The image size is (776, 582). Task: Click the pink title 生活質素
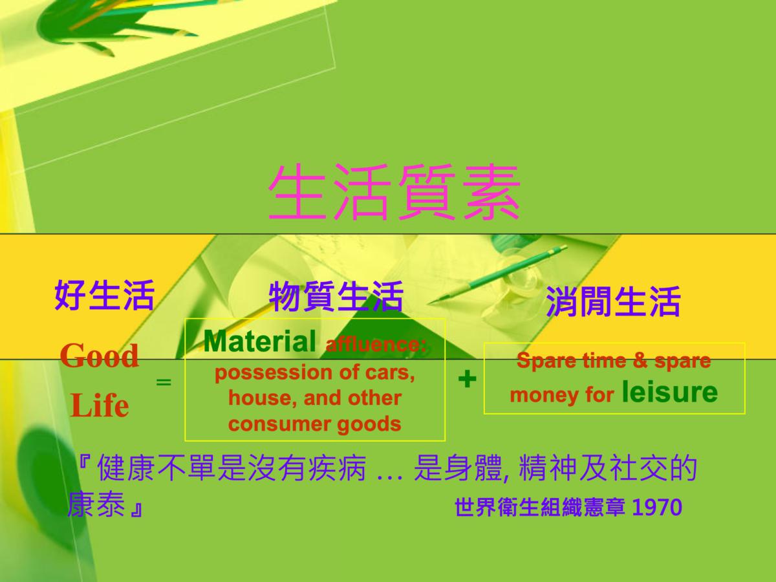[x=394, y=192]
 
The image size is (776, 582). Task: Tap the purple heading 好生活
[x=105, y=295]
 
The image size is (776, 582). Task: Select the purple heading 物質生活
[x=336, y=296]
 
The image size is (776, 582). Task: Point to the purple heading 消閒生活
[x=614, y=301]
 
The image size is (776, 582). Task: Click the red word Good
[x=100, y=356]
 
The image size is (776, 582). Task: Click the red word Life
[x=100, y=405]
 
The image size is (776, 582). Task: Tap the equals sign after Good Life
[x=164, y=382]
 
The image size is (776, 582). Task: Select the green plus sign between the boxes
[x=467, y=380]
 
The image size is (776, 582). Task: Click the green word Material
[x=260, y=341]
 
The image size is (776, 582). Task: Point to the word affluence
[x=376, y=344]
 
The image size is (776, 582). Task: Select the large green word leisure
[x=670, y=391]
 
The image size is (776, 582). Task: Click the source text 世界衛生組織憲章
[x=540, y=507]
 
